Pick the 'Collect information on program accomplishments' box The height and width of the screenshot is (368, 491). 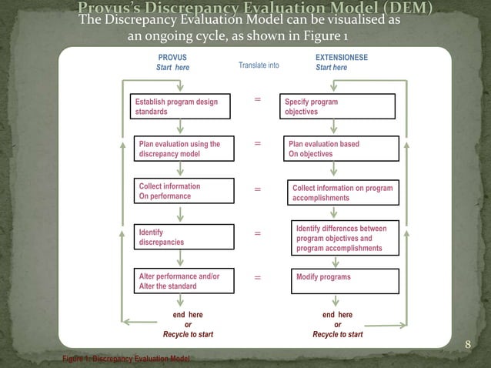coord(343,192)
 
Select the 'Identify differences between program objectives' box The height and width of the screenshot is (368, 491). coord(343,239)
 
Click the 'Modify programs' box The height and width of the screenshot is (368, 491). coord(343,281)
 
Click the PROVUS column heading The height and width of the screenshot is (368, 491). coord(172,58)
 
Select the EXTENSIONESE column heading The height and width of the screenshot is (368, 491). coord(341,58)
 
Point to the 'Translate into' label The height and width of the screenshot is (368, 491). coord(259,65)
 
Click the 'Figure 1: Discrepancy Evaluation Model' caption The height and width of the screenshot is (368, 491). coord(126,360)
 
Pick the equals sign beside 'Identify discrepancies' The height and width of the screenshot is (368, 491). coord(257,233)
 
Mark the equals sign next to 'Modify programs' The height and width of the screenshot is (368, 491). coord(257,277)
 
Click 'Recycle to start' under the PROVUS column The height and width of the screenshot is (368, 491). coord(188,335)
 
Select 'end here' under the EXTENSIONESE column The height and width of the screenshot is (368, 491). coord(337,315)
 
